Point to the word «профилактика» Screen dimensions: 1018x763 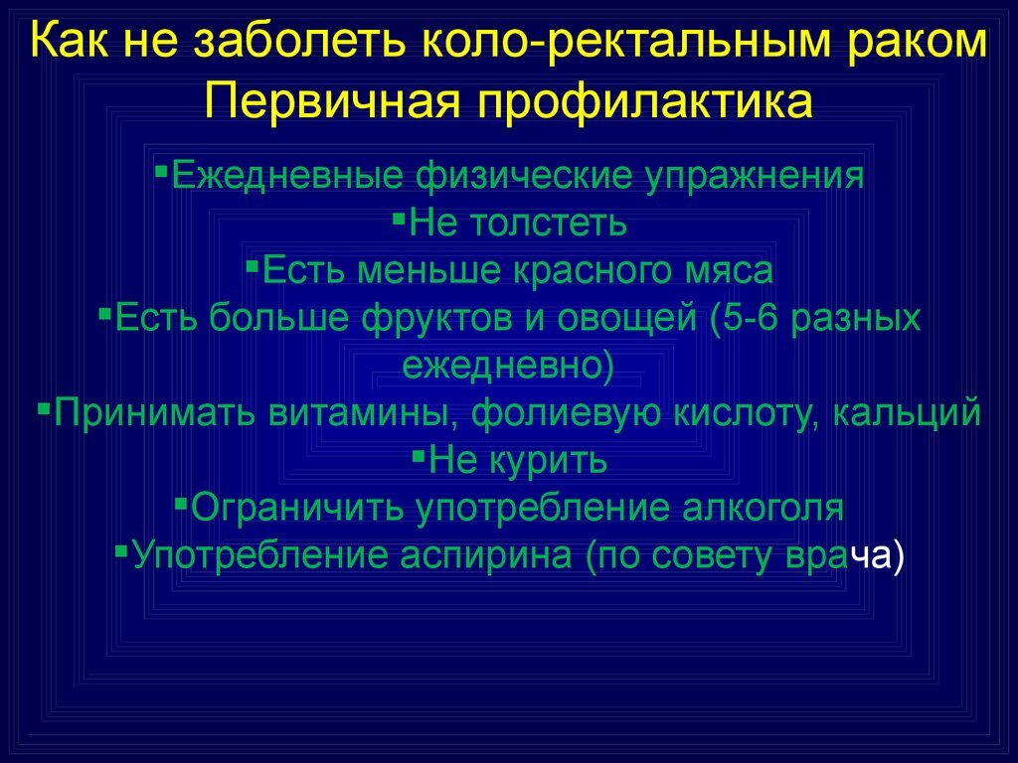645,103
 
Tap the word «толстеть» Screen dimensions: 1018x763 548,223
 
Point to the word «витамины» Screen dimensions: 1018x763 358,413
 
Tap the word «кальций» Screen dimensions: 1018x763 907,412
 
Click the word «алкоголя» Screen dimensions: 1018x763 763,508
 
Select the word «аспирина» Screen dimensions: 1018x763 485,556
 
